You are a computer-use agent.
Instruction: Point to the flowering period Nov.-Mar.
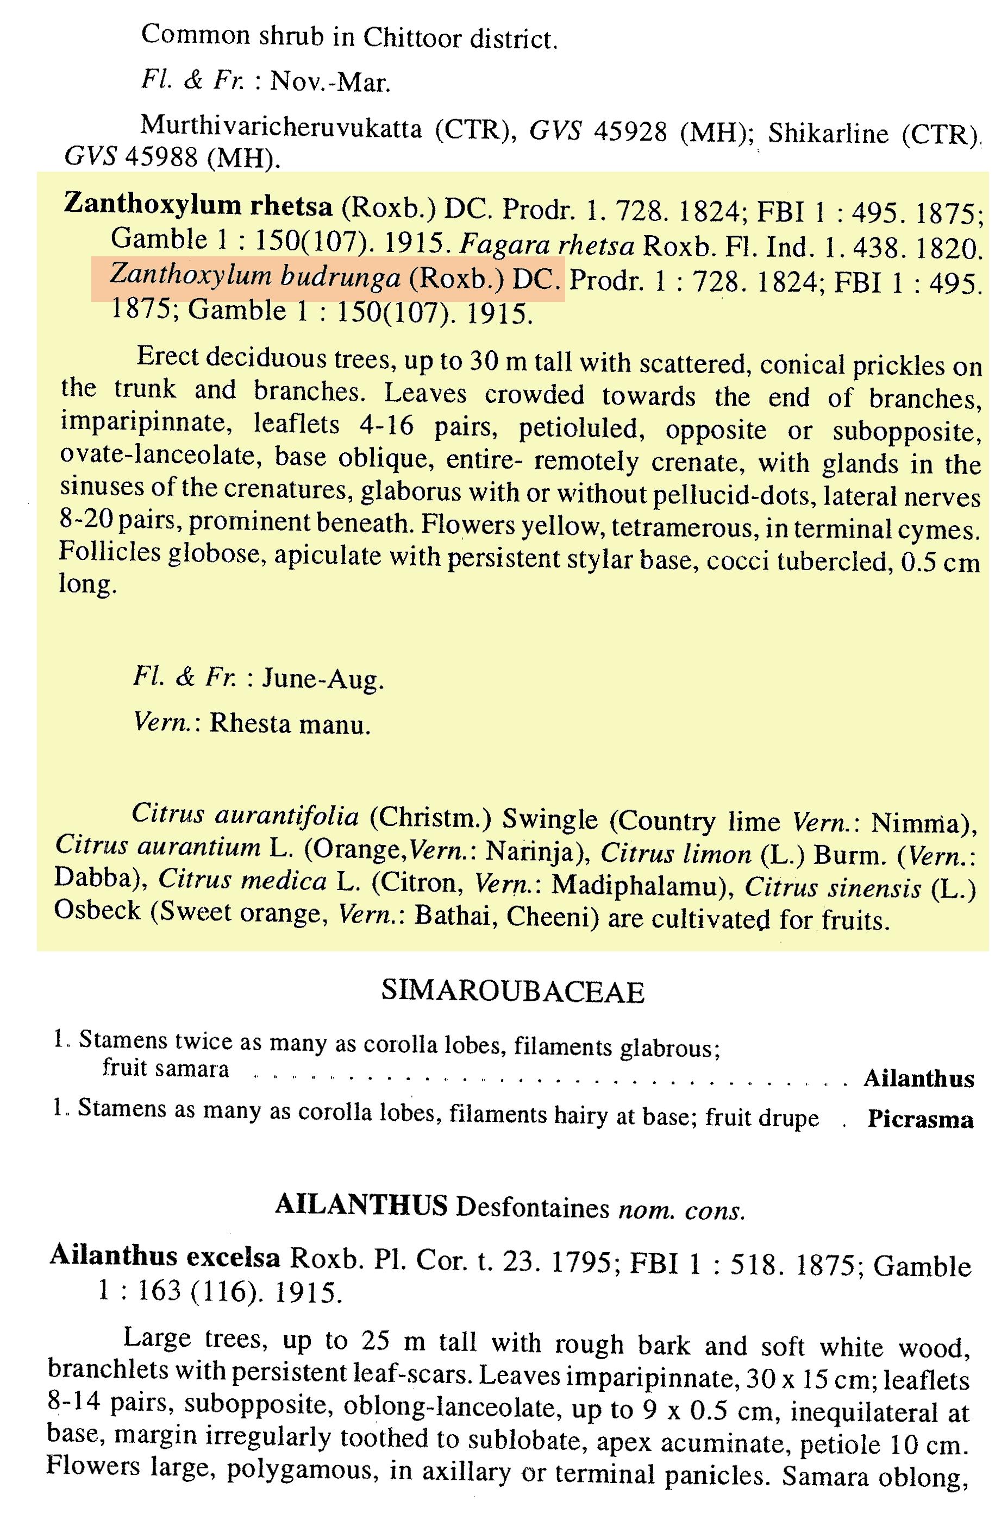click(330, 81)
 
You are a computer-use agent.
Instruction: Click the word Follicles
click(109, 552)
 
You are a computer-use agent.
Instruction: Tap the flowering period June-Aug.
click(323, 679)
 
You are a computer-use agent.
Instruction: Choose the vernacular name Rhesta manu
click(290, 724)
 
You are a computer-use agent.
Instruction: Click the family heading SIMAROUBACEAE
click(512, 991)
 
